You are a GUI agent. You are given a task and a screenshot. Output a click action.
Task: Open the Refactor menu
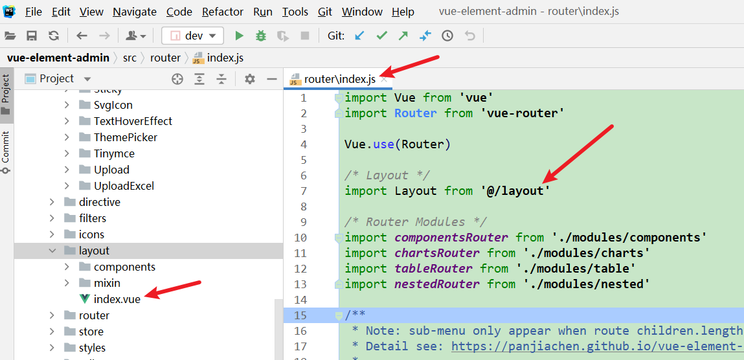(x=223, y=12)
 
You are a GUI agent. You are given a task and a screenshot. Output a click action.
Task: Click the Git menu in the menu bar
(x=325, y=12)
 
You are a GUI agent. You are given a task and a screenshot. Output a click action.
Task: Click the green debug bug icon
(x=260, y=36)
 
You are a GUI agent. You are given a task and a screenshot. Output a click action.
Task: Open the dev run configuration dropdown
(x=192, y=36)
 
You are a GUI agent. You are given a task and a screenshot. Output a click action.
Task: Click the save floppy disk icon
(x=32, y=36)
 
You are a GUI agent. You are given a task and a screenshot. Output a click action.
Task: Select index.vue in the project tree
(x=117, y=299)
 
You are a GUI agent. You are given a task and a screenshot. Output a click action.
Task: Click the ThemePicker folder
(x=125, y=137)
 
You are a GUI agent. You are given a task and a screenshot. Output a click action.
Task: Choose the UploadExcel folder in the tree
(x=124, y=186)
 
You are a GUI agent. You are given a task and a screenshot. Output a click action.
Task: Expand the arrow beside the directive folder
(x=52, y=203)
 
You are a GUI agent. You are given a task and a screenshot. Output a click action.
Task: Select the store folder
(x=91, y=332)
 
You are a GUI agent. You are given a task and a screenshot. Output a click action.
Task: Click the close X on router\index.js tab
(x=384, y=80)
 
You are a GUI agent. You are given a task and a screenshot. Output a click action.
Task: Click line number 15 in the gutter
(x=301, y=315)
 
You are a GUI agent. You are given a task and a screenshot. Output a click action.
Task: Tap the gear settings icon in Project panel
(x=249, y=79)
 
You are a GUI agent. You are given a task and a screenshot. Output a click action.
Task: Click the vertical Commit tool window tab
(x=6, y=152)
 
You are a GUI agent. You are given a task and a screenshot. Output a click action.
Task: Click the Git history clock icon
(x=447, y=36)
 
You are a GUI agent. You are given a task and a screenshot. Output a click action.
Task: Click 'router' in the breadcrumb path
(x=165, y=58)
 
